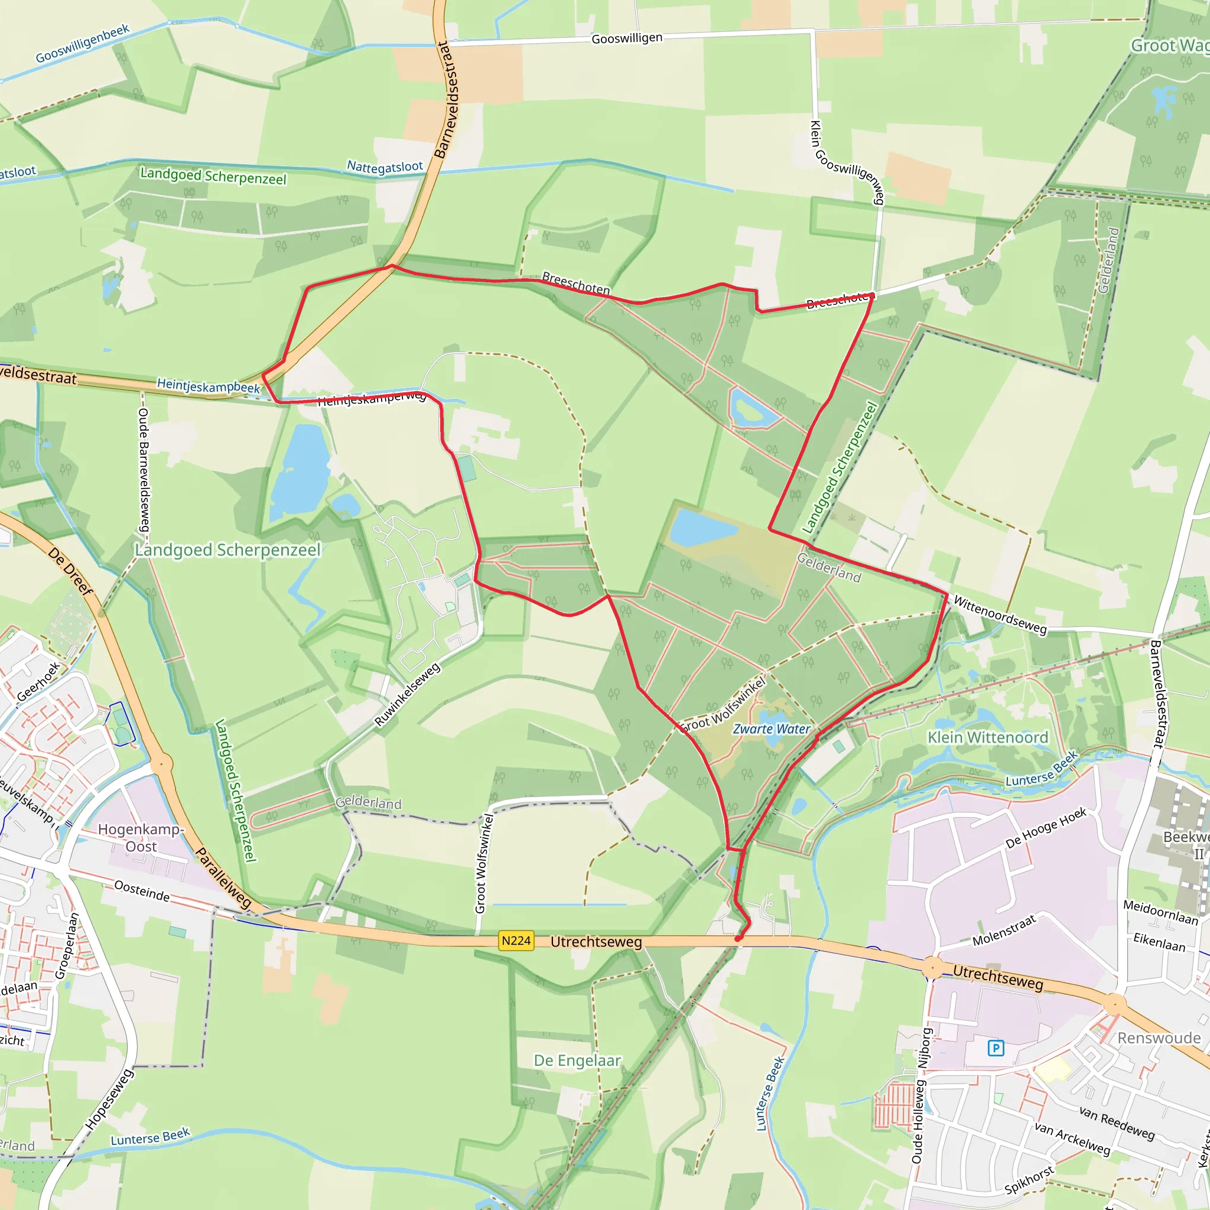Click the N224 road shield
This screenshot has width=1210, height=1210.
(516, 941)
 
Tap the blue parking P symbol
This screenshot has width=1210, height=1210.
(996, 1048)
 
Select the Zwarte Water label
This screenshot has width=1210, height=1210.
(772, 729)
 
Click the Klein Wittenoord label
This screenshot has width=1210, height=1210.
(988, 738)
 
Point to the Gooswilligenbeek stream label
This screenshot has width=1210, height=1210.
(82, 44)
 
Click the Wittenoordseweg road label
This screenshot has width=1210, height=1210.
(1000, 615)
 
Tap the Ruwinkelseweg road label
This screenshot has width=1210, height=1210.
(408, 695)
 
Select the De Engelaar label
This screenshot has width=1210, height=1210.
(577, 1061)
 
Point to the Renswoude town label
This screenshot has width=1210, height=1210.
(1159, 1037)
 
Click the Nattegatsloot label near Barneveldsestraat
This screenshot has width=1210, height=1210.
(385, 167)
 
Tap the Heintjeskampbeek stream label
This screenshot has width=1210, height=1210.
(208, 386)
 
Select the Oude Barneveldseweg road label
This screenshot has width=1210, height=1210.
(144, 470)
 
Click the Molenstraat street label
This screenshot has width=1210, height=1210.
(1004, 930)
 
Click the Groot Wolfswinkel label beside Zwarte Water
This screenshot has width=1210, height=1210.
(723, 705)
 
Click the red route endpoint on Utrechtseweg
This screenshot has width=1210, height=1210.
(738, 939)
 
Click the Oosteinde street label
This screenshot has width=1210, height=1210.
(142, 890)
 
